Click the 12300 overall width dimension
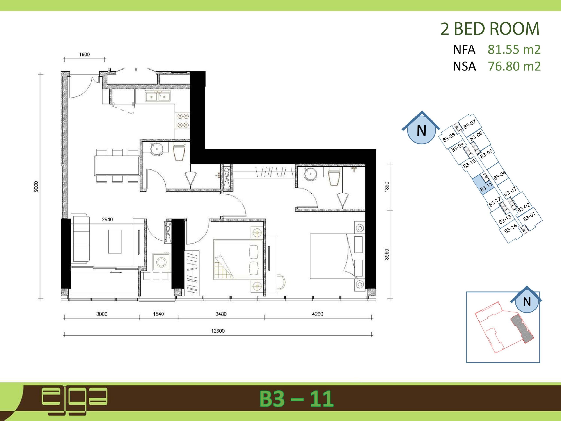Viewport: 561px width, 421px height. point(218,331)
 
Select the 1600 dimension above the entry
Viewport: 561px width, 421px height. point(84,55)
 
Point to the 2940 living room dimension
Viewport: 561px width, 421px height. point(107,219)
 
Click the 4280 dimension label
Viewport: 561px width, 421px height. point(318,314)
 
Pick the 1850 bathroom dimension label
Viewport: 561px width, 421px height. point(387,187)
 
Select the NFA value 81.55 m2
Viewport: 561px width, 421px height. point(514,50)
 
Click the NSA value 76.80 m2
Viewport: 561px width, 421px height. point(514,66)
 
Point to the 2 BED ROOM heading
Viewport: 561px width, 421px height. point(490,29)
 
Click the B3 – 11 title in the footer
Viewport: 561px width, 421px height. point(296,399)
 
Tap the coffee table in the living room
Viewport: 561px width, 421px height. point(115,241)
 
